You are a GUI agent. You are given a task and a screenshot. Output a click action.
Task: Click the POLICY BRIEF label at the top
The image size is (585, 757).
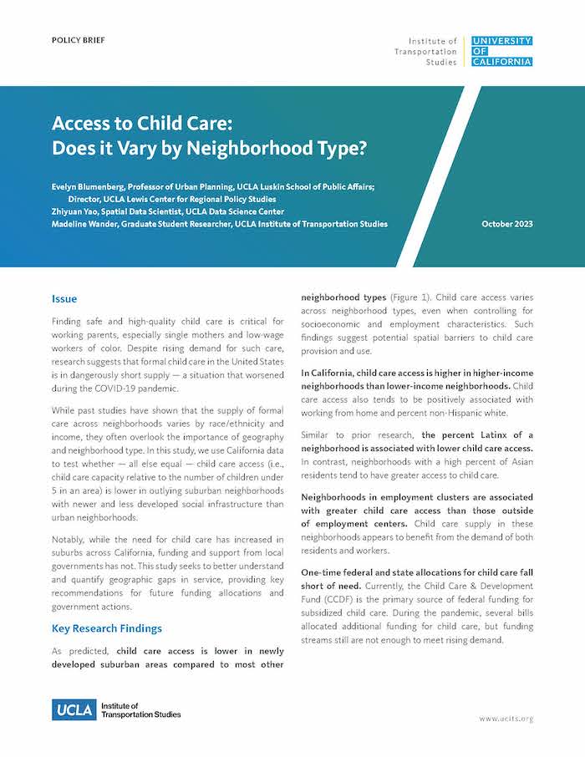tap(79, 40)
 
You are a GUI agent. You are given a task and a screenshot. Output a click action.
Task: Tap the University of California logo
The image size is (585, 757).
tap(501, 51)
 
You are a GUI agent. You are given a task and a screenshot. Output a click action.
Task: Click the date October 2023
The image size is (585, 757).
tap(507, 224)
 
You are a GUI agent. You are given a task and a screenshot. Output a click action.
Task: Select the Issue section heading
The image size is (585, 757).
tap(64, 298)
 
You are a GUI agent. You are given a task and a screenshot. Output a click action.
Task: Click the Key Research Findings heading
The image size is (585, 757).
tap(107, 627)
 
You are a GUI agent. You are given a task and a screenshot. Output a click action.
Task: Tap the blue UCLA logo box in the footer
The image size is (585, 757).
tap(74, 710)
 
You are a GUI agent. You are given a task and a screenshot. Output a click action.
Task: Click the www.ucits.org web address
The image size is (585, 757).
tap(506, 719)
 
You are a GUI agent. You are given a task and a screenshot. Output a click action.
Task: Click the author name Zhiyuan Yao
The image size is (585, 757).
tap(78, 211)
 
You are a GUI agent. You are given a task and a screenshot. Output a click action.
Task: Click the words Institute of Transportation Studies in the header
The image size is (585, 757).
tap(425, 51)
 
